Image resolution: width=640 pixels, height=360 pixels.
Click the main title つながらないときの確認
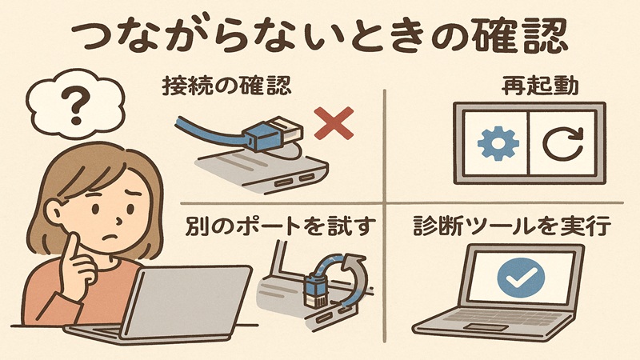pyautogui.click(x=320, y=35)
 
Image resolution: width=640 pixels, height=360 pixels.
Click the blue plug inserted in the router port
pyautogui.click(x=314, y=289)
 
